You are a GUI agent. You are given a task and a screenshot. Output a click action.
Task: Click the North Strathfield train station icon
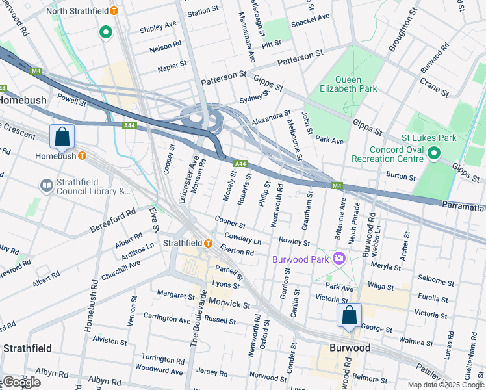point(114,11)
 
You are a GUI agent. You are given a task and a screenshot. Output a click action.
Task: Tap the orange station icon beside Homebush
point(83,156)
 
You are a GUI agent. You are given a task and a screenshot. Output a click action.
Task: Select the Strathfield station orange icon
point(208,243)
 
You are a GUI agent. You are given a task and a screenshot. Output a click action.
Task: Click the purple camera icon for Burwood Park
point(338,259)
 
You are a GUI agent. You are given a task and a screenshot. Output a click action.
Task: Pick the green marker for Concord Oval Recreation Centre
point(434,154)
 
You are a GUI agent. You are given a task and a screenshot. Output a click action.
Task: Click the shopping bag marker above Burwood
point(349,316)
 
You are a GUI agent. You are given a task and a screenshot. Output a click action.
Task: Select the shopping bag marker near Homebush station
point(62,136)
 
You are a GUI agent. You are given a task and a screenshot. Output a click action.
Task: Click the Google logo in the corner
point(21,382)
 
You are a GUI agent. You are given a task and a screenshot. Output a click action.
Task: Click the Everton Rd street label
point(237,252)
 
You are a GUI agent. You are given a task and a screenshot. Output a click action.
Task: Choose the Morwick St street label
point(229,304)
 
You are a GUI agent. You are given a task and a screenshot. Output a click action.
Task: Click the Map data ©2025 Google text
point(445,385)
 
